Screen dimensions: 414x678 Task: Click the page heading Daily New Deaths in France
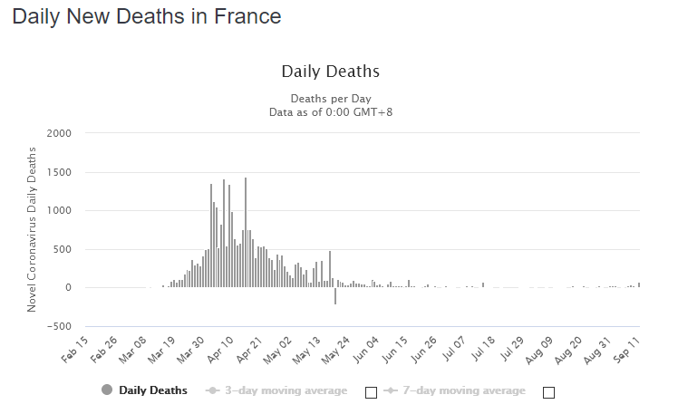(147, 16)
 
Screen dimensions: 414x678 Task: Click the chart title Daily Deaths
(330, 72)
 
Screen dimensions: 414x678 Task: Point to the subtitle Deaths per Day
(330, 98)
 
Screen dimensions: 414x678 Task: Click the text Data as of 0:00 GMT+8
(330, 111)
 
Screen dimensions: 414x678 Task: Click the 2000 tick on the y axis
(58, 133)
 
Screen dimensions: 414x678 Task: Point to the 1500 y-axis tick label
(58, 172)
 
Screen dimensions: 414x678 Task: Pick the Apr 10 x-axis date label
(220, 348)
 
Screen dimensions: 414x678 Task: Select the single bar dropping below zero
(335, 296)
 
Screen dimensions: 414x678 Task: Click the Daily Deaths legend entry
(145, 390)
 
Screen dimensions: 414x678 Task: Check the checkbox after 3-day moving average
(370, 392)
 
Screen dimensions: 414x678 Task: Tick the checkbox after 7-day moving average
(547, 392)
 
